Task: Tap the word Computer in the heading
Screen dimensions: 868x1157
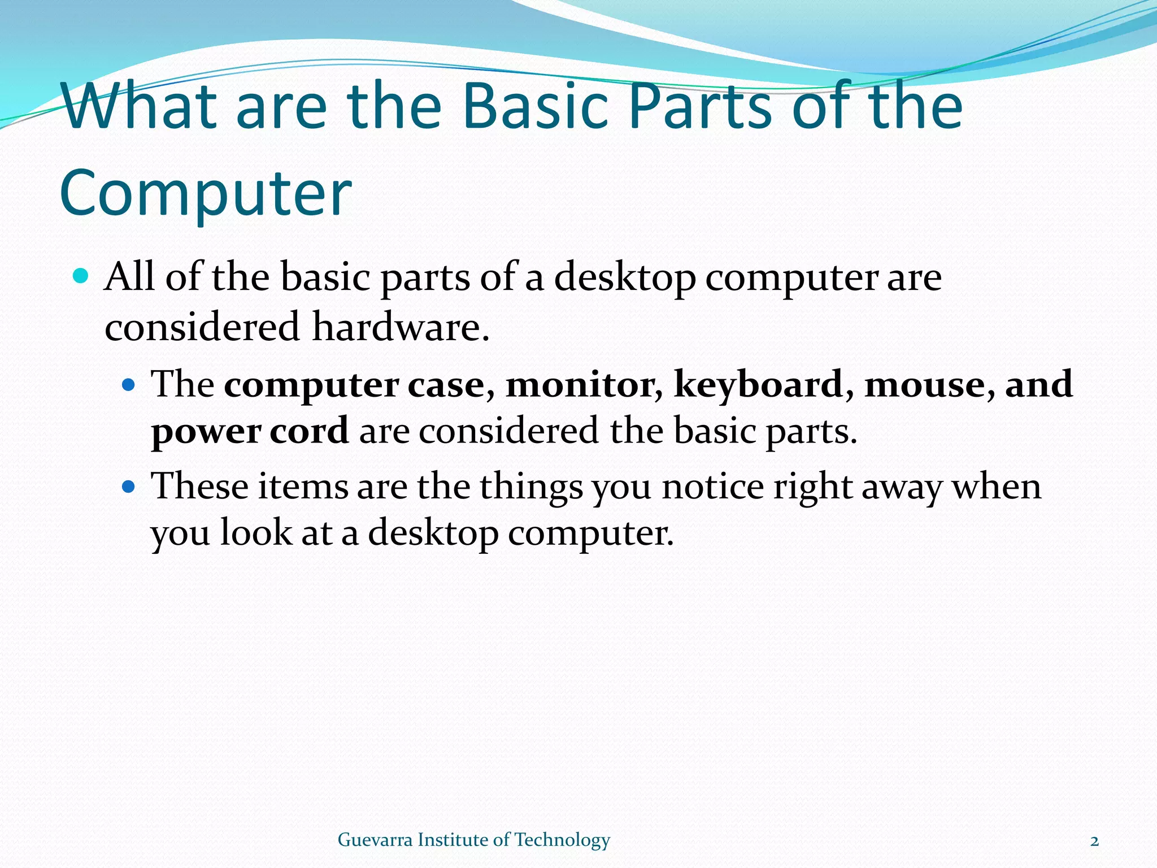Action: tap(206, 193)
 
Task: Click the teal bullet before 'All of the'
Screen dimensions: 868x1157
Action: tap(81, 276)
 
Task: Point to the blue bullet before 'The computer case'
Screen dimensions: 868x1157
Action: tap(129, 385)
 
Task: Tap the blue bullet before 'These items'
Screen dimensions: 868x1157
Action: tap(129, 486)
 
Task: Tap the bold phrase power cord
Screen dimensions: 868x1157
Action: tap(250, 432)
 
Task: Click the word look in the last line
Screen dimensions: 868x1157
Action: tap(255, 532)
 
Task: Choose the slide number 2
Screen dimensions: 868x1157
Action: tap(1094, 841)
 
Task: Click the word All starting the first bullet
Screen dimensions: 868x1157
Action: tap(129, 277)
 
